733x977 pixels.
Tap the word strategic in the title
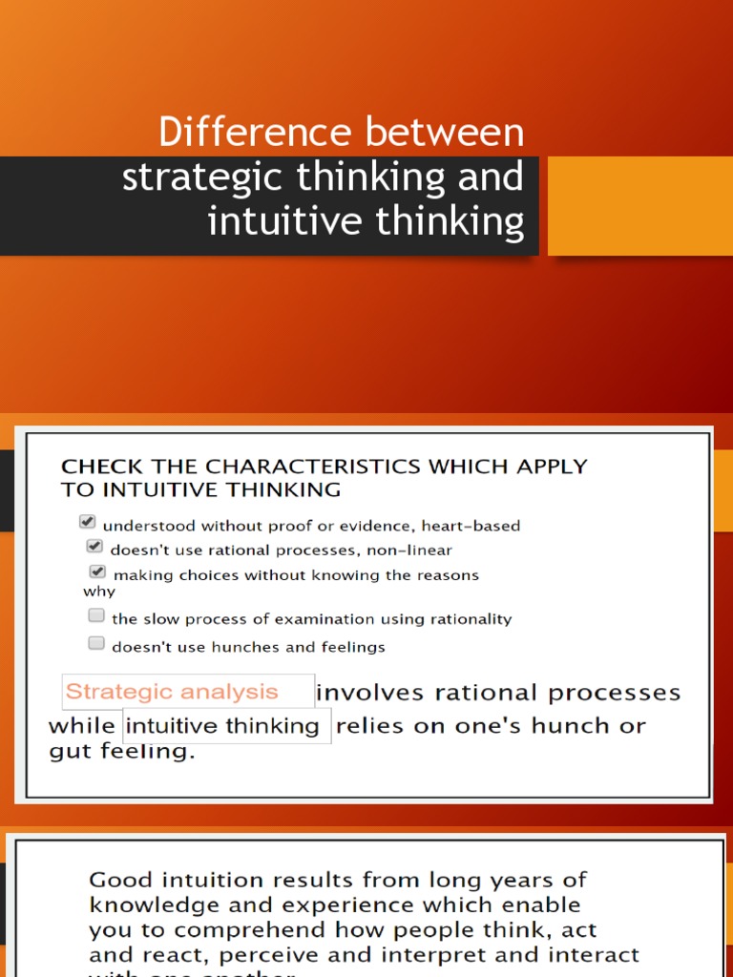[190, 177]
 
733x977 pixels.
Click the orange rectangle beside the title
[639, 206]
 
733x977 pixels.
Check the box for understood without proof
[88, 522]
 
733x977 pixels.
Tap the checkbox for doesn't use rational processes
[94, 547]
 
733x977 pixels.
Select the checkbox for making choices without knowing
[97, 572]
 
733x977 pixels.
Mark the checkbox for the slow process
[96, 615]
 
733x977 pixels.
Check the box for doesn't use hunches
[96, 643]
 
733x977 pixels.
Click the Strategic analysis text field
[188, 692]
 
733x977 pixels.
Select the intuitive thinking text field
[227, 726]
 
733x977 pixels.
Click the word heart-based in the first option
[474, 526]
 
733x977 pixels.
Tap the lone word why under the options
[99, 592]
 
